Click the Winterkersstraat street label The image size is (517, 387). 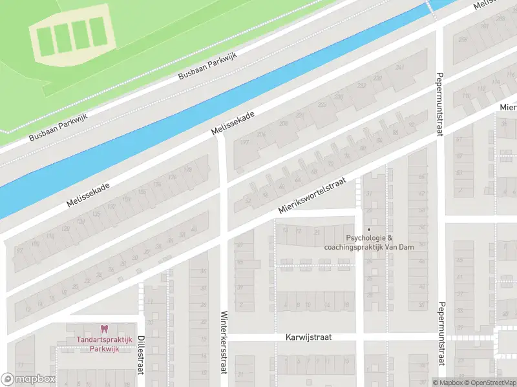click(x=224, y=342)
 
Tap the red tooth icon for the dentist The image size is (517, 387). click(x=103, y=329)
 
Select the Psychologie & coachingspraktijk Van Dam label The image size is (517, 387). click(x=369, y=242)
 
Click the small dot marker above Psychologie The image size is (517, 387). click(x=369, y=229)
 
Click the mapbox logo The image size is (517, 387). click(x=28, y=379)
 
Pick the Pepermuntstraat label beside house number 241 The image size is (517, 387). click(x=439, y=103)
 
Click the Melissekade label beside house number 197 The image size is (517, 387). click(x=233, y=123)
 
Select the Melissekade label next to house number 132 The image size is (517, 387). click(x=88, y=194)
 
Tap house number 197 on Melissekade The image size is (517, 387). click(x=244, y=143)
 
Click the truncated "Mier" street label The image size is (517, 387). click(x=507, y=106)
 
